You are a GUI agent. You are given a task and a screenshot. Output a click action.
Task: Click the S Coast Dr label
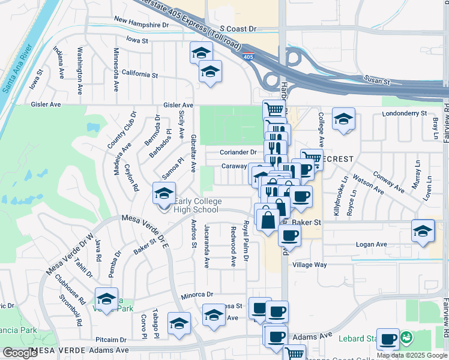[238, 28]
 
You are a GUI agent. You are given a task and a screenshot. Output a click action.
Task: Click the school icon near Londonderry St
[343, 118]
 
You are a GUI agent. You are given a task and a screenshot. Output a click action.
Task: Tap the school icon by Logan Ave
[423, 231]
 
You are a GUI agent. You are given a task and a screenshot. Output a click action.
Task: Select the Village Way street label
[309, 265]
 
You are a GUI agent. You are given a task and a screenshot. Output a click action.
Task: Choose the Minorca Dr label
[197, 295]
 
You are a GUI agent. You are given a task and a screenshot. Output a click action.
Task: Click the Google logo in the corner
[19, 352]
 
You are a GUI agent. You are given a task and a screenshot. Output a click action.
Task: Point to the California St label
[139, 75]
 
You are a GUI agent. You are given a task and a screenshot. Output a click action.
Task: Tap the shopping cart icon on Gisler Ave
[274, 109]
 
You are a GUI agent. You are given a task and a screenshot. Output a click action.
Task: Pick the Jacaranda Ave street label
[206, 246]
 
